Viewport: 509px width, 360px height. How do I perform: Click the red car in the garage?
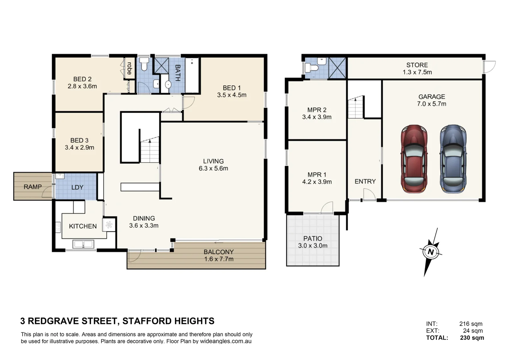pos(414,159)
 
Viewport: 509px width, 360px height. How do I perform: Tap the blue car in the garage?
pos(453,159)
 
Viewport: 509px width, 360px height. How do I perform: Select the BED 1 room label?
pos(232,88)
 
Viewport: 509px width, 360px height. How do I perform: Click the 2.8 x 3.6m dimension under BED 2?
pos(82,86)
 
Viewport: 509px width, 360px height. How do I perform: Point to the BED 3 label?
pos(79,140)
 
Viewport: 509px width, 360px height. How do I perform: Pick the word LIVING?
pos(213,161)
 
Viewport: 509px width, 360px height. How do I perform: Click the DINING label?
pos(144,218)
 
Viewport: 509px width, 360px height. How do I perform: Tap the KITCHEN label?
pos(83,226)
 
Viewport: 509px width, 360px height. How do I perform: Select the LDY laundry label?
pos(77,187)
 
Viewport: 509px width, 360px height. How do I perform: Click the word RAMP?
pos(33,187)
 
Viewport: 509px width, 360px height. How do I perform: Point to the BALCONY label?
pos(219,252)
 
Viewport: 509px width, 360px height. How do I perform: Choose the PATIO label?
pos(313,238)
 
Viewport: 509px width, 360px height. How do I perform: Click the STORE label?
pos(417,65)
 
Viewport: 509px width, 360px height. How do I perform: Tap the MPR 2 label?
pos(317,110)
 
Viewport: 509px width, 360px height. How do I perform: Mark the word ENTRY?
pos(365,181)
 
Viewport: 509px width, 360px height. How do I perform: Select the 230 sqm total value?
pos(472,338)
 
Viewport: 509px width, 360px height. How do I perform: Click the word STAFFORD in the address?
pos(147,321)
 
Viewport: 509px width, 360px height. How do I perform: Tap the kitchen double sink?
pos(83,244)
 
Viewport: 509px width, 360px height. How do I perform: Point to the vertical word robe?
pos(129,68)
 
